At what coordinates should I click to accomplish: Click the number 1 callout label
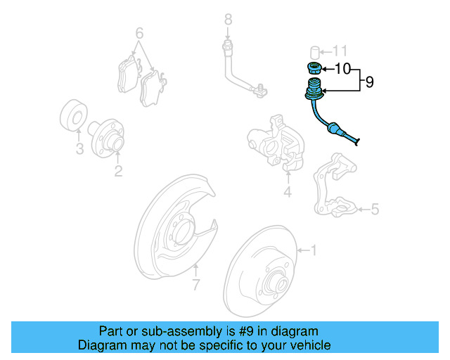point(314,250)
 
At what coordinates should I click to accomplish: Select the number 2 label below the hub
point(118,171)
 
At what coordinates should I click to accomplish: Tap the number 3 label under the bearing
point(79,149)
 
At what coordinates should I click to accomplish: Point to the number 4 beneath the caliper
point(287,192)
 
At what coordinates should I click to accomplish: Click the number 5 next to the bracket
point(375,209)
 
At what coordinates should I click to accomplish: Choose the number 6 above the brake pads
point(139,33)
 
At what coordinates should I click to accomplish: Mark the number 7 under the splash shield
point(196,284)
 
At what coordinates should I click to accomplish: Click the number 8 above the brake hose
point(228,18)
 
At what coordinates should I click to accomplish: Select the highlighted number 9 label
point(368,82)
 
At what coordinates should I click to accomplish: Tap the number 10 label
point(342,69)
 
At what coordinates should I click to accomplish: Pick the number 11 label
point(340,51)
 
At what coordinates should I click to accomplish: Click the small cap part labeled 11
point(316,51)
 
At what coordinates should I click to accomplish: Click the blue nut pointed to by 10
point(315,69)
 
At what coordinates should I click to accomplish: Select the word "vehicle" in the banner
point(308,345)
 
